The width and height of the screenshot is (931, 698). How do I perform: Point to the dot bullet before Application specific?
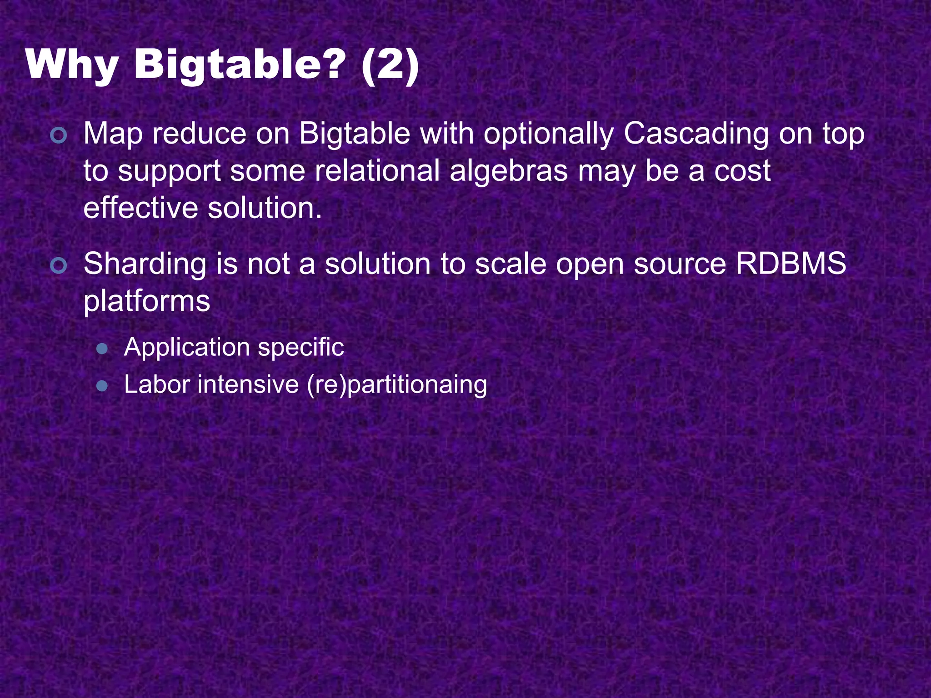tap(102, 349)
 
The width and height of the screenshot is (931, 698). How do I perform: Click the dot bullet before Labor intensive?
tap(102, 386)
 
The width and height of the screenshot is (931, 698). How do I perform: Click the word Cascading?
tap(696, 135)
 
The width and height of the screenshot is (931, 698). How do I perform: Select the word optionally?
tap(548, 135)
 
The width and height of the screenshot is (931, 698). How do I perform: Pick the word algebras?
tap(509, 172)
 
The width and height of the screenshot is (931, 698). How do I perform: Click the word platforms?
tap(147, 302)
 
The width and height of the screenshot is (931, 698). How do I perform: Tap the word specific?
tap(301, 348)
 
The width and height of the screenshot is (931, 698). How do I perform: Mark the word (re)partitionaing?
tap(397, 386)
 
